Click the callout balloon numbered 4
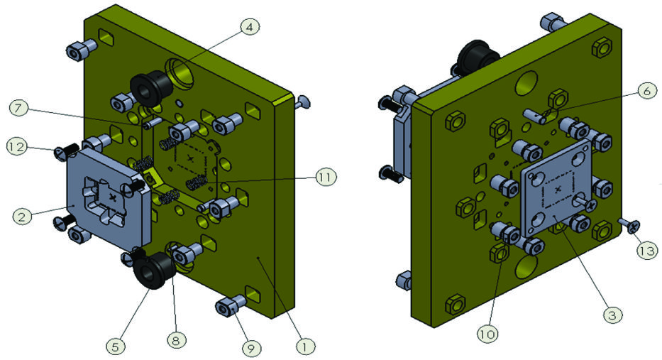pyautogui.click(x=249, y=27)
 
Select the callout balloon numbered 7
pyautogui.click(x=20, y=108)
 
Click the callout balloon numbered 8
pyautogui.click(x=175, y=340)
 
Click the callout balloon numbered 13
pyautogui.click(x=647, y=250)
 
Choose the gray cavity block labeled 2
pyautogui.click(x=106, y=192)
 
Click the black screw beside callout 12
pyautogui.click(x=65, y=150)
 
